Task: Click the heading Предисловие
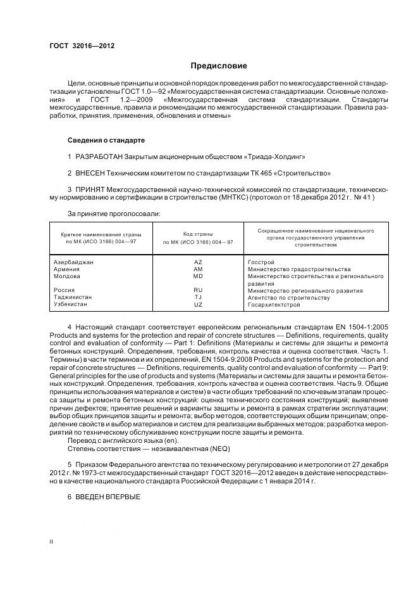coord(219,66)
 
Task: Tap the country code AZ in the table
coord(198,262)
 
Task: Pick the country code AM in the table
coord(198,269)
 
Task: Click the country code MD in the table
coord(198,277)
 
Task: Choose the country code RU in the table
coord(198,291)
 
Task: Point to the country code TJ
coord(198,298)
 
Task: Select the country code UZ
coord(198,305)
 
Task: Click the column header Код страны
coord(198,234)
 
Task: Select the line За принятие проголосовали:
coord(114,214)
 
